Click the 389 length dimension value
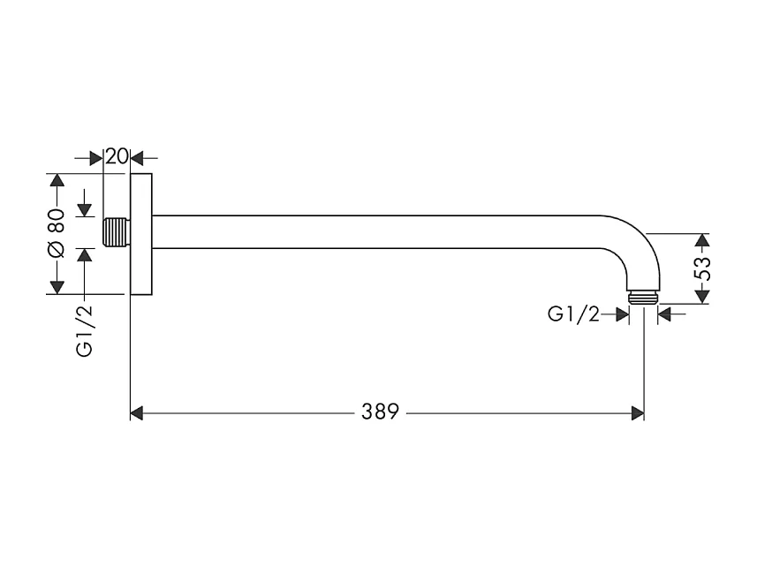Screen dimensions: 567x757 pyautogui.click(x=380, y=412)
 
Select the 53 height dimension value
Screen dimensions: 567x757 pyautogui.click(x=703, y=268)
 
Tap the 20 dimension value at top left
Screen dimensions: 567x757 pyautogui.click(x=117, y=157)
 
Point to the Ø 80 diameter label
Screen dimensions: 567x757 pyautogui.click(x=57, y=234)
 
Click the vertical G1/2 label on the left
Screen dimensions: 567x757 pyautogui.click(x=85, y=329)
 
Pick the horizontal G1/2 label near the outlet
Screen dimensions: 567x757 pyautogui.click(x=573, y=314)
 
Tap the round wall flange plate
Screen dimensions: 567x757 pyautogui.click(x=140, y=234)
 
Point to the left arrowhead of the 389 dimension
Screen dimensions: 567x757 pyautogui.click(x=137, y=412)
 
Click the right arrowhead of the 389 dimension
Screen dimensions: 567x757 pyautogui.click(x=637, y=412)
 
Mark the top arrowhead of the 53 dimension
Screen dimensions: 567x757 pyautogui.click(x=702, y=240)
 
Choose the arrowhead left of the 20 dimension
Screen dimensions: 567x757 pyautogui.click(x=97, y=158)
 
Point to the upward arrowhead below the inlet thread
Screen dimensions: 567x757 pyautogui.click(x=85, y=255)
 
